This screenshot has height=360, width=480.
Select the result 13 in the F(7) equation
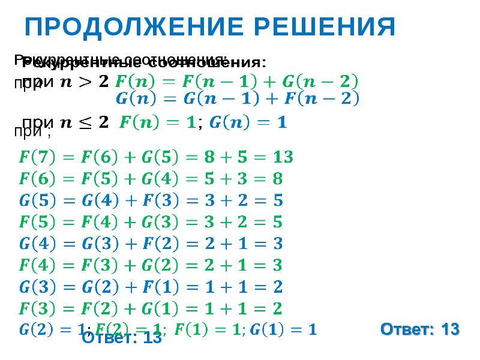click(281, 158)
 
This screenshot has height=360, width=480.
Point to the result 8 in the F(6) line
click(277, 179)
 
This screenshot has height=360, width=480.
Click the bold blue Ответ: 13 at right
click(420, 329)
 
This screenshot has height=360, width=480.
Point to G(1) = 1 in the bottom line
click(283, 329)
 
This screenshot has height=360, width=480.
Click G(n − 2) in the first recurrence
click(325, 80)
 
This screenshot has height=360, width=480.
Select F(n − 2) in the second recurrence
click(325, 99)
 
